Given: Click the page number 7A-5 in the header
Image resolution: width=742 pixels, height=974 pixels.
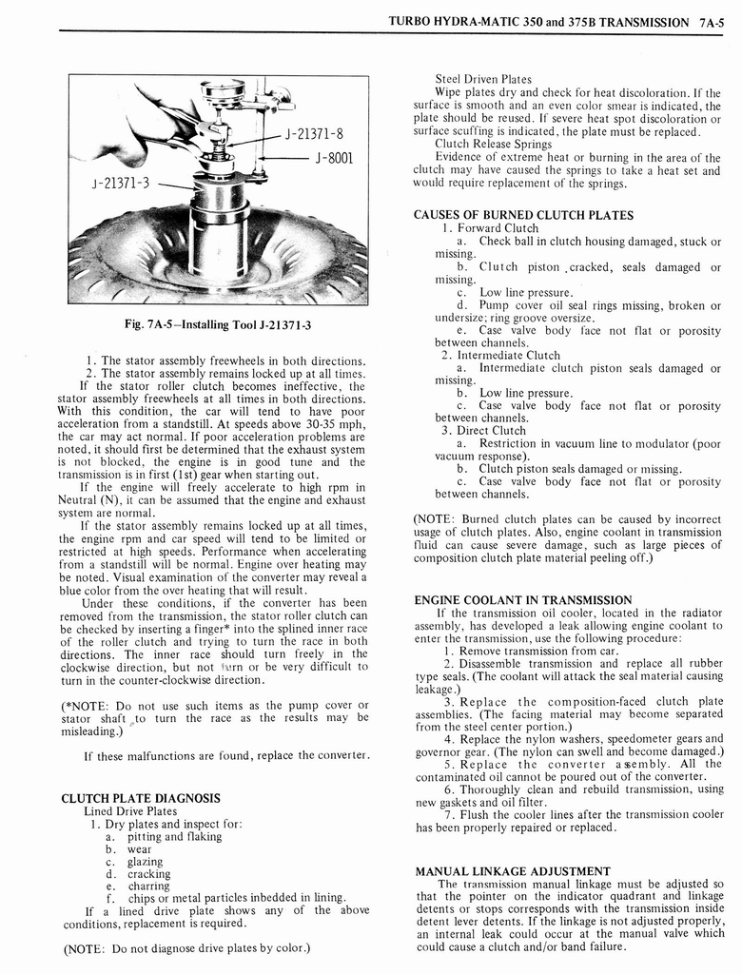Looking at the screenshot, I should tap(713, 20).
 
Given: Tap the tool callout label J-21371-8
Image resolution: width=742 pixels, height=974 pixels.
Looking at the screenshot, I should tap(314, 134).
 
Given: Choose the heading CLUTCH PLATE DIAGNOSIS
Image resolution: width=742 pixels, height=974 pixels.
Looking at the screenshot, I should tap(141, 798).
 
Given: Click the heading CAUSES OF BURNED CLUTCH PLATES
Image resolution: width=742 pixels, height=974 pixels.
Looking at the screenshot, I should tap(523, 215).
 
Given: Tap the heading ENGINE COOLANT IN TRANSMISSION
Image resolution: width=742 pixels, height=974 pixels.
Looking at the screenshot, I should tap(522, 600).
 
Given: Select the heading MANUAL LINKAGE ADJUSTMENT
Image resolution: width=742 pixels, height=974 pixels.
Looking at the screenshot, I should tap(513, 870).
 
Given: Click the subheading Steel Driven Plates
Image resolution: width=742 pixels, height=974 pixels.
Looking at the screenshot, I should tap(483, 79).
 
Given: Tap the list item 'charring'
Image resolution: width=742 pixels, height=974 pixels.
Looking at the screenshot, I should tap(148, 886).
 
